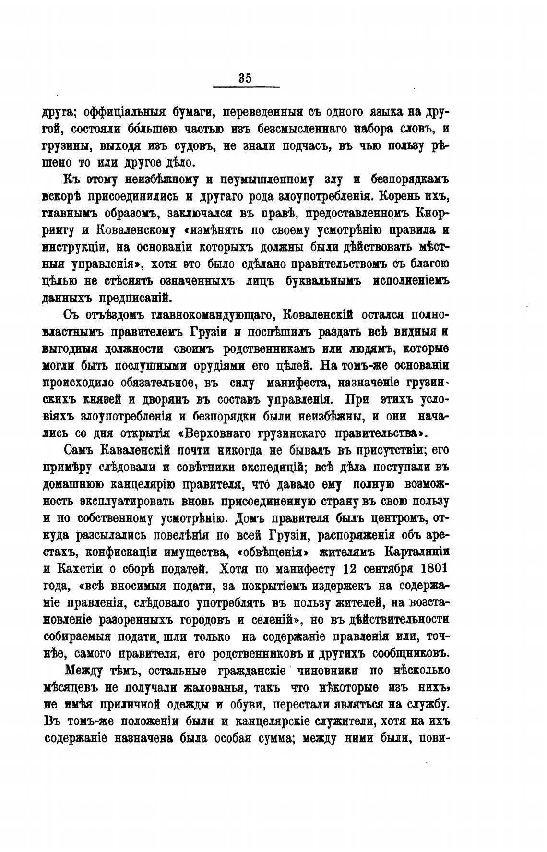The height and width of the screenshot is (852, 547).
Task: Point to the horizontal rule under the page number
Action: click(x=246, y=87)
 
